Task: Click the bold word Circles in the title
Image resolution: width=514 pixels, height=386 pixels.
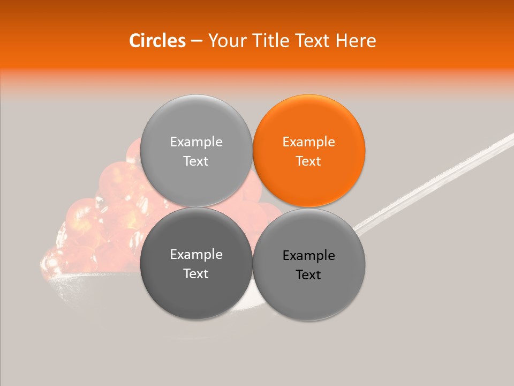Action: [x=157, y=41]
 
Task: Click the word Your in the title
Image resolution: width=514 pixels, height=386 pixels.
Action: [x=226, y=41]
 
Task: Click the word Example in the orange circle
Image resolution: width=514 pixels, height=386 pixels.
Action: [x=309, y=142]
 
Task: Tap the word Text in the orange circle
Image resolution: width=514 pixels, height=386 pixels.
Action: [x=309, y=161]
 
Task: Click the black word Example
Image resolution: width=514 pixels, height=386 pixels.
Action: [x=309, y=256]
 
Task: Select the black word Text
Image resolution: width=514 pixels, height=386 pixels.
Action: [x=309, y=275]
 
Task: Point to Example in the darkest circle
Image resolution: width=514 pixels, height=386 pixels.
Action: [x=196, y=255]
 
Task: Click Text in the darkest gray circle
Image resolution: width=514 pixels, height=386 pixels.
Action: [x=196, y=274]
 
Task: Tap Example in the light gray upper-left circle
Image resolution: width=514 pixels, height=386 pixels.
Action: [x=196, y=142]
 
